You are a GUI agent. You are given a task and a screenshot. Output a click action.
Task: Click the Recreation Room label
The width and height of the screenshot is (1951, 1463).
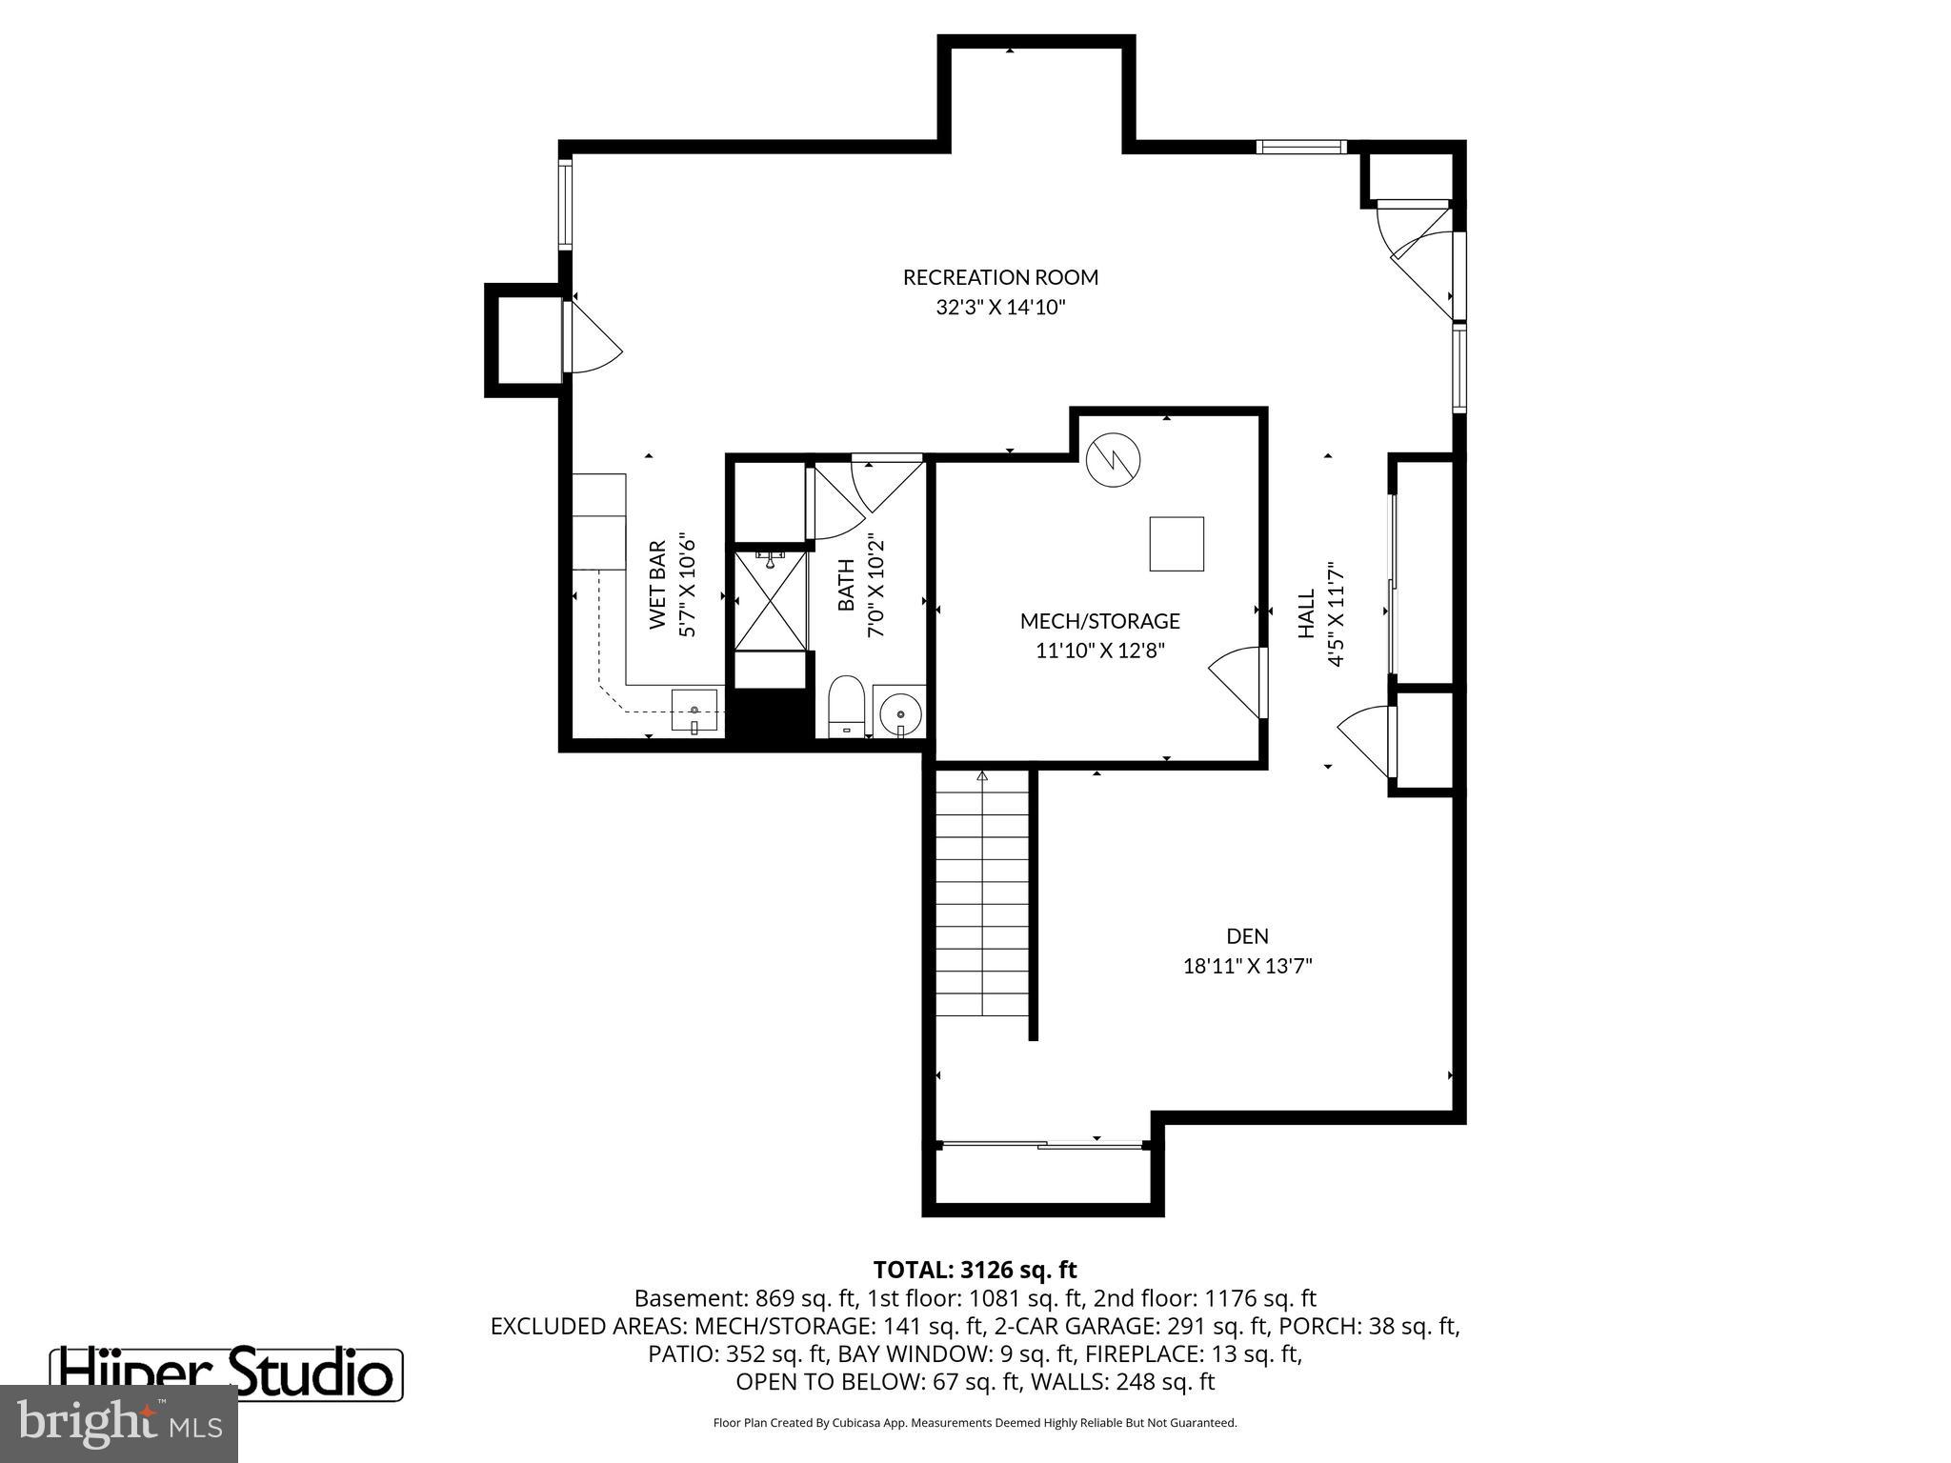click(1000, 277)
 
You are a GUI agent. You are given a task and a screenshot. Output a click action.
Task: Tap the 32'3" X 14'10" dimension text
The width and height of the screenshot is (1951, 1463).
click(1000, 308)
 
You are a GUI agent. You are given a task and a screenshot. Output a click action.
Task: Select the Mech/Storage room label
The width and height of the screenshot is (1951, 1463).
click(1099, 621)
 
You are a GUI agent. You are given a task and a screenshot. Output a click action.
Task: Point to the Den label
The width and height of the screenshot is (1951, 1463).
click(1247, 936)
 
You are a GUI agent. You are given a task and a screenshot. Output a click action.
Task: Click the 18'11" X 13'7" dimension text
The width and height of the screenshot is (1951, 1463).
click(1247, 966)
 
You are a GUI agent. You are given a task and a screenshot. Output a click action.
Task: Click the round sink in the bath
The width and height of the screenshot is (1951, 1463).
click(899, 712)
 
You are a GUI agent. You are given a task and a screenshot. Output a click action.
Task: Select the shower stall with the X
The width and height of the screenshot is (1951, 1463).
click(771, 601)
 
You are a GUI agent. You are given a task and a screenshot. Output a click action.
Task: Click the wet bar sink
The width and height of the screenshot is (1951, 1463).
click(694, 711)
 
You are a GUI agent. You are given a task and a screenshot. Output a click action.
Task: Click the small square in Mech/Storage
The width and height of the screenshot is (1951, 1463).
click(1177, 544)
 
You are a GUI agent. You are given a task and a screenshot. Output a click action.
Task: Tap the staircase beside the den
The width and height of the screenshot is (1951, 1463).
click(982, 895)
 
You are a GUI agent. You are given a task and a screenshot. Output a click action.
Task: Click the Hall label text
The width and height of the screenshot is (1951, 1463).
click(1306, 613)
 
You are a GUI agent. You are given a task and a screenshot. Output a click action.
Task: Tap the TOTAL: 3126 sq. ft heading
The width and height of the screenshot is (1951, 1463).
click(975, 1270)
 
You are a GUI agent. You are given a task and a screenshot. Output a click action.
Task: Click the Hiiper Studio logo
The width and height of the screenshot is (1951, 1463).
click(226, 1373)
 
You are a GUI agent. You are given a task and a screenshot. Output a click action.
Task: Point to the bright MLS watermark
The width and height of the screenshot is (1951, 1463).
click(119, 1423)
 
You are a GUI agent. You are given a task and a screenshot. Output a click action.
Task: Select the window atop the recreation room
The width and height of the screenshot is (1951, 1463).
click(1300, 147)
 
